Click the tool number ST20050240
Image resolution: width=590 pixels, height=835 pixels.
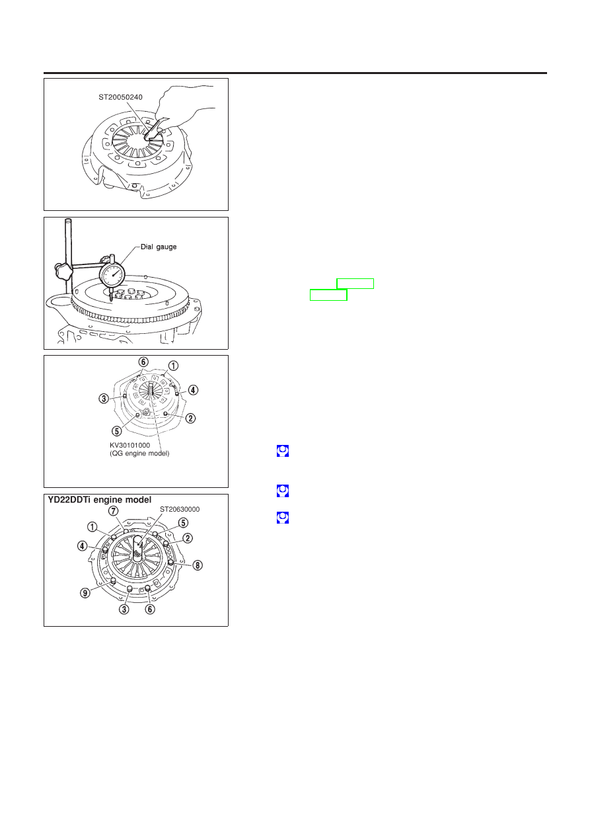pos(120,97)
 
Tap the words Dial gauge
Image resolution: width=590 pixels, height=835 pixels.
pos(159,247)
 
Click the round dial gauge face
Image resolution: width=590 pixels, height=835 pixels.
pos(113,276)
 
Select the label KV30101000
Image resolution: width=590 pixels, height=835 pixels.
pos(129,445)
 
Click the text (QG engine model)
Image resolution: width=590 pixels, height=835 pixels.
pos(139,454)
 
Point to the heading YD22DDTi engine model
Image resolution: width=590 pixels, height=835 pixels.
pos(100,500)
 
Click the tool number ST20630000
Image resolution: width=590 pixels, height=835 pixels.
pos(180,509)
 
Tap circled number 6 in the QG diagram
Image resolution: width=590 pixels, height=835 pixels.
pos(143,362)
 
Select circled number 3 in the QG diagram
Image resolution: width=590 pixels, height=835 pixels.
pos(104,399)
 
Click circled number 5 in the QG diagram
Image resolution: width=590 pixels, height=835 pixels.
pos(116,431)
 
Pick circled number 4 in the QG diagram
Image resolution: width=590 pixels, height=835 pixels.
pos(192,390)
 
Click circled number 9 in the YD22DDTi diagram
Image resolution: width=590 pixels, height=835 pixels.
pos(85,593)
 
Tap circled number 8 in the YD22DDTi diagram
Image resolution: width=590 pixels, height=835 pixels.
pos(197,565)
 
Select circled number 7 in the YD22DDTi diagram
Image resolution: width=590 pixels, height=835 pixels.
pos(113,510)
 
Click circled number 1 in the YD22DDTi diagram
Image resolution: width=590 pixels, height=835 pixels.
pos(92,527)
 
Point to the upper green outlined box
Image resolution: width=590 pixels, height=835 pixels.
pos(355,284)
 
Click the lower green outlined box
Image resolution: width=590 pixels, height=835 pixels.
pos(328,295)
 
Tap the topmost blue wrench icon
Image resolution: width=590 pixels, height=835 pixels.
pos(283,451)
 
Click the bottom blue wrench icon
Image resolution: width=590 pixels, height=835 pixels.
pos(283,518)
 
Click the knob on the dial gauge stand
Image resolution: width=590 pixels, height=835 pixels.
pos(63,271)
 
